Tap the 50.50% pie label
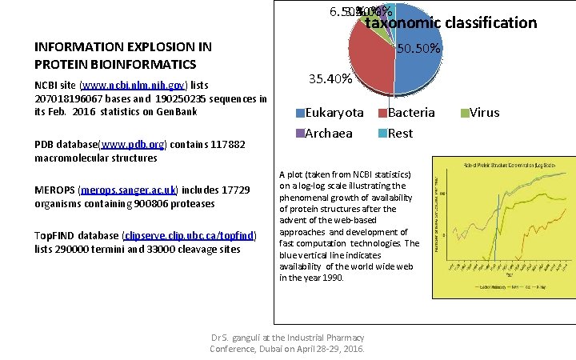[x=418, y=49]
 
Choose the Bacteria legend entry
[x=411, y=113]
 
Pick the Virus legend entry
[x=483, y=113]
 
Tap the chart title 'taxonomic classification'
[x=451, y=22]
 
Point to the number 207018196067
[x=70, y=98]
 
